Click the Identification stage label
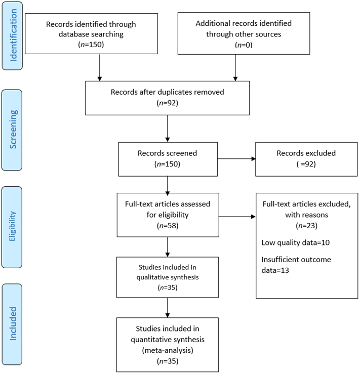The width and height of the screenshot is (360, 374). [x=13, y=36]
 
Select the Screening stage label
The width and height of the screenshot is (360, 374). [x=12, y=130]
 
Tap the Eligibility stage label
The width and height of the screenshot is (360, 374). [x=12, y=227]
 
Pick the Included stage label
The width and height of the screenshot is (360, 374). [x=12, y=324]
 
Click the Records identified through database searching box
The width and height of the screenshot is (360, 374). [x=91, y=33]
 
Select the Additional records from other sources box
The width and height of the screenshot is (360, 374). [x=244, y=33]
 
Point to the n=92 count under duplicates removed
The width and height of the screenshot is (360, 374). [x=168, y=103]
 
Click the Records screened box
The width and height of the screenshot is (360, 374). [x=168, y=159]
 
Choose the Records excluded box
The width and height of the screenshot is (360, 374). [x=306, y=159]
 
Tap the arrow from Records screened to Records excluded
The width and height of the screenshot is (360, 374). [x=236, y=159]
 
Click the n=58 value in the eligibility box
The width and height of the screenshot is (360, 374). [x=168, y=226]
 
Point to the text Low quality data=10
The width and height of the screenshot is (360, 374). [x=296, y=242]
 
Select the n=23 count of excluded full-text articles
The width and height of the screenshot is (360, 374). [x=306, y=226]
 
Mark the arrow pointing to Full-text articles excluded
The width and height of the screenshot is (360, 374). [x=237, y=217]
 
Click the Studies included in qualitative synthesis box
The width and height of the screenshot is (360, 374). [x=168, y=277]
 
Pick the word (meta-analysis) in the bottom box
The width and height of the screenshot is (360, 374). [x=168, y=350]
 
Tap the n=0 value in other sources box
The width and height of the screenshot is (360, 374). [x=244, y=45]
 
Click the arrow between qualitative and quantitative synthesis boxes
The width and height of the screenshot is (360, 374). [x=168, y=308]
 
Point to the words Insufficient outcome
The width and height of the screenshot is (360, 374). [x=296, y=260]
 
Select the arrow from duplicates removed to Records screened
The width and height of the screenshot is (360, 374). [x=168, y=129]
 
